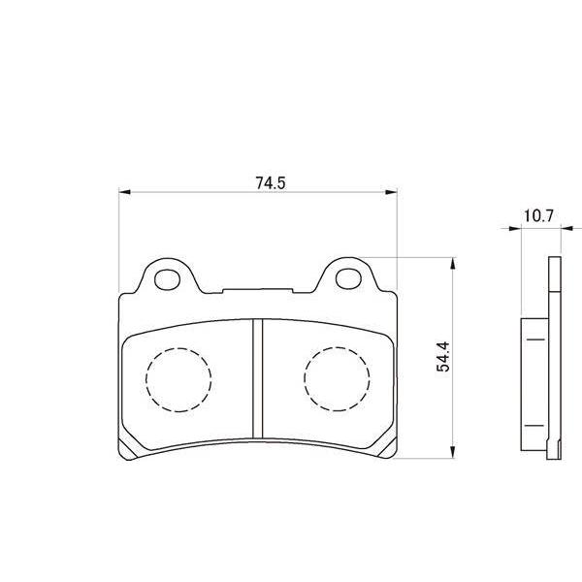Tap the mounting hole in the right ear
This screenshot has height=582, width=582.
coord(346,279)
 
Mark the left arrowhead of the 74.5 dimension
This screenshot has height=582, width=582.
coord(124,193)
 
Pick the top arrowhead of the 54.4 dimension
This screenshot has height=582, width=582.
coord(452,263)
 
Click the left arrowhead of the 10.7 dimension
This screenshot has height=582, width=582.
coord(515,229)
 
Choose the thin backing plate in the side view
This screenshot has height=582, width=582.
coord(554,359)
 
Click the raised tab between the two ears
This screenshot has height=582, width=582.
coord(257,289)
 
